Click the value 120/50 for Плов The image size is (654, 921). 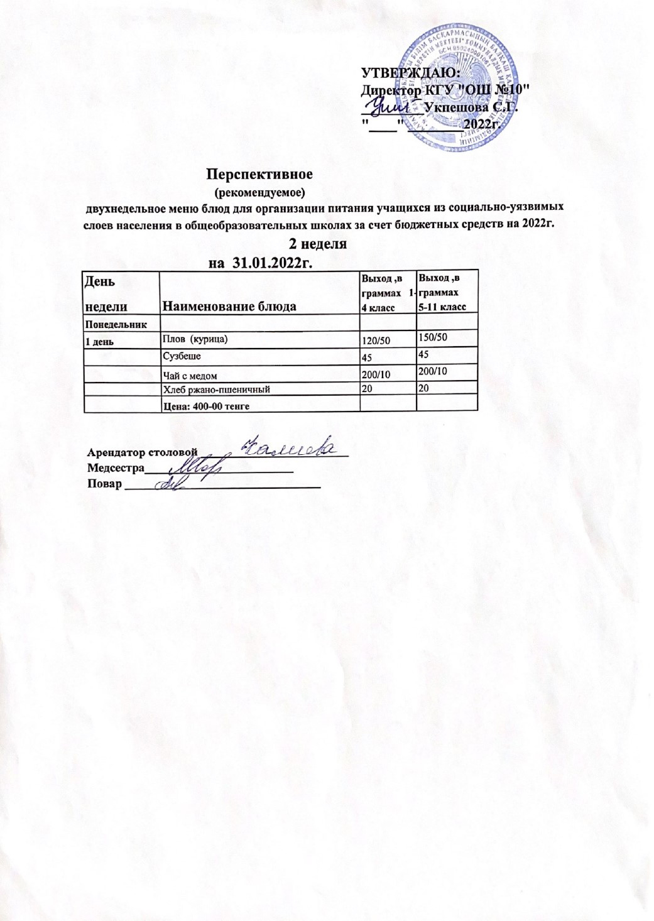(x=373, y=341)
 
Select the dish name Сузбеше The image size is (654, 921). (x=182, y=357)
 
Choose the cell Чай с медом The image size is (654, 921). (x=190, y=376)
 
